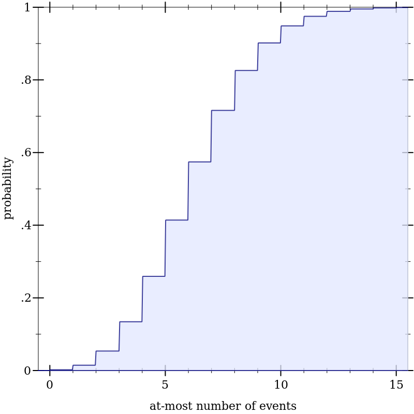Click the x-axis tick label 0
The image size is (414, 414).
pyautogui.click(x=50, y=385)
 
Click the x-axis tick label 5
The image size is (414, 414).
pyautogui.click(x=165, y=385)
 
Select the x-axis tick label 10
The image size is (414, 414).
pyautogui.click(x=280, y=385)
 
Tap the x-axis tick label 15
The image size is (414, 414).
pyautogui.click(x=396, y=385)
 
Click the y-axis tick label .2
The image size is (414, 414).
pyautogui.click(x=26, y=298)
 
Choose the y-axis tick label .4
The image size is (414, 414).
pyautogui.click(x=26, y=226)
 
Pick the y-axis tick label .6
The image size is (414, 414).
pyautogui.click(x=26, y=153)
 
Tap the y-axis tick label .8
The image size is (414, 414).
pyautogui.click(x=26, y=80)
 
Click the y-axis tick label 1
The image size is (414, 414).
pyautogui.click(x=28, y=8)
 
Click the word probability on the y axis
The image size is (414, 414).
pyautogui.click(x=8, y=188)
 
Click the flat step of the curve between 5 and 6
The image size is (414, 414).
pyautogui.click(x=176, y=220)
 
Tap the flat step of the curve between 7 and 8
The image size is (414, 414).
pyautogui.click(x=223, y=110)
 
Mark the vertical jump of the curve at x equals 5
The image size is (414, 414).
pyautogui.click(x=165, y=248)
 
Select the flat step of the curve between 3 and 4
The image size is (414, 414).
pyautogui.click(x=130, y=322)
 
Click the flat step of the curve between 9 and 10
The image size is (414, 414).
pyautogui.click(x=269, y=43)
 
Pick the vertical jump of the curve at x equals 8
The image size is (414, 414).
pyautogui.click(x=235, y=91)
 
